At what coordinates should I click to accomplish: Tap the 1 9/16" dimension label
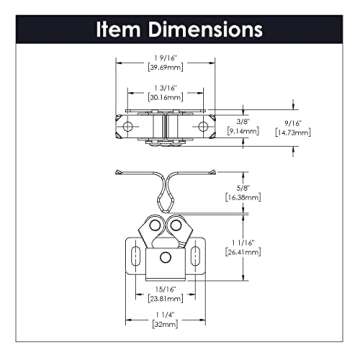pos(164,57)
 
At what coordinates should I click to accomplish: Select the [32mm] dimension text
pos(164,324)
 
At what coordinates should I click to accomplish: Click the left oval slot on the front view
pos(131,257)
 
